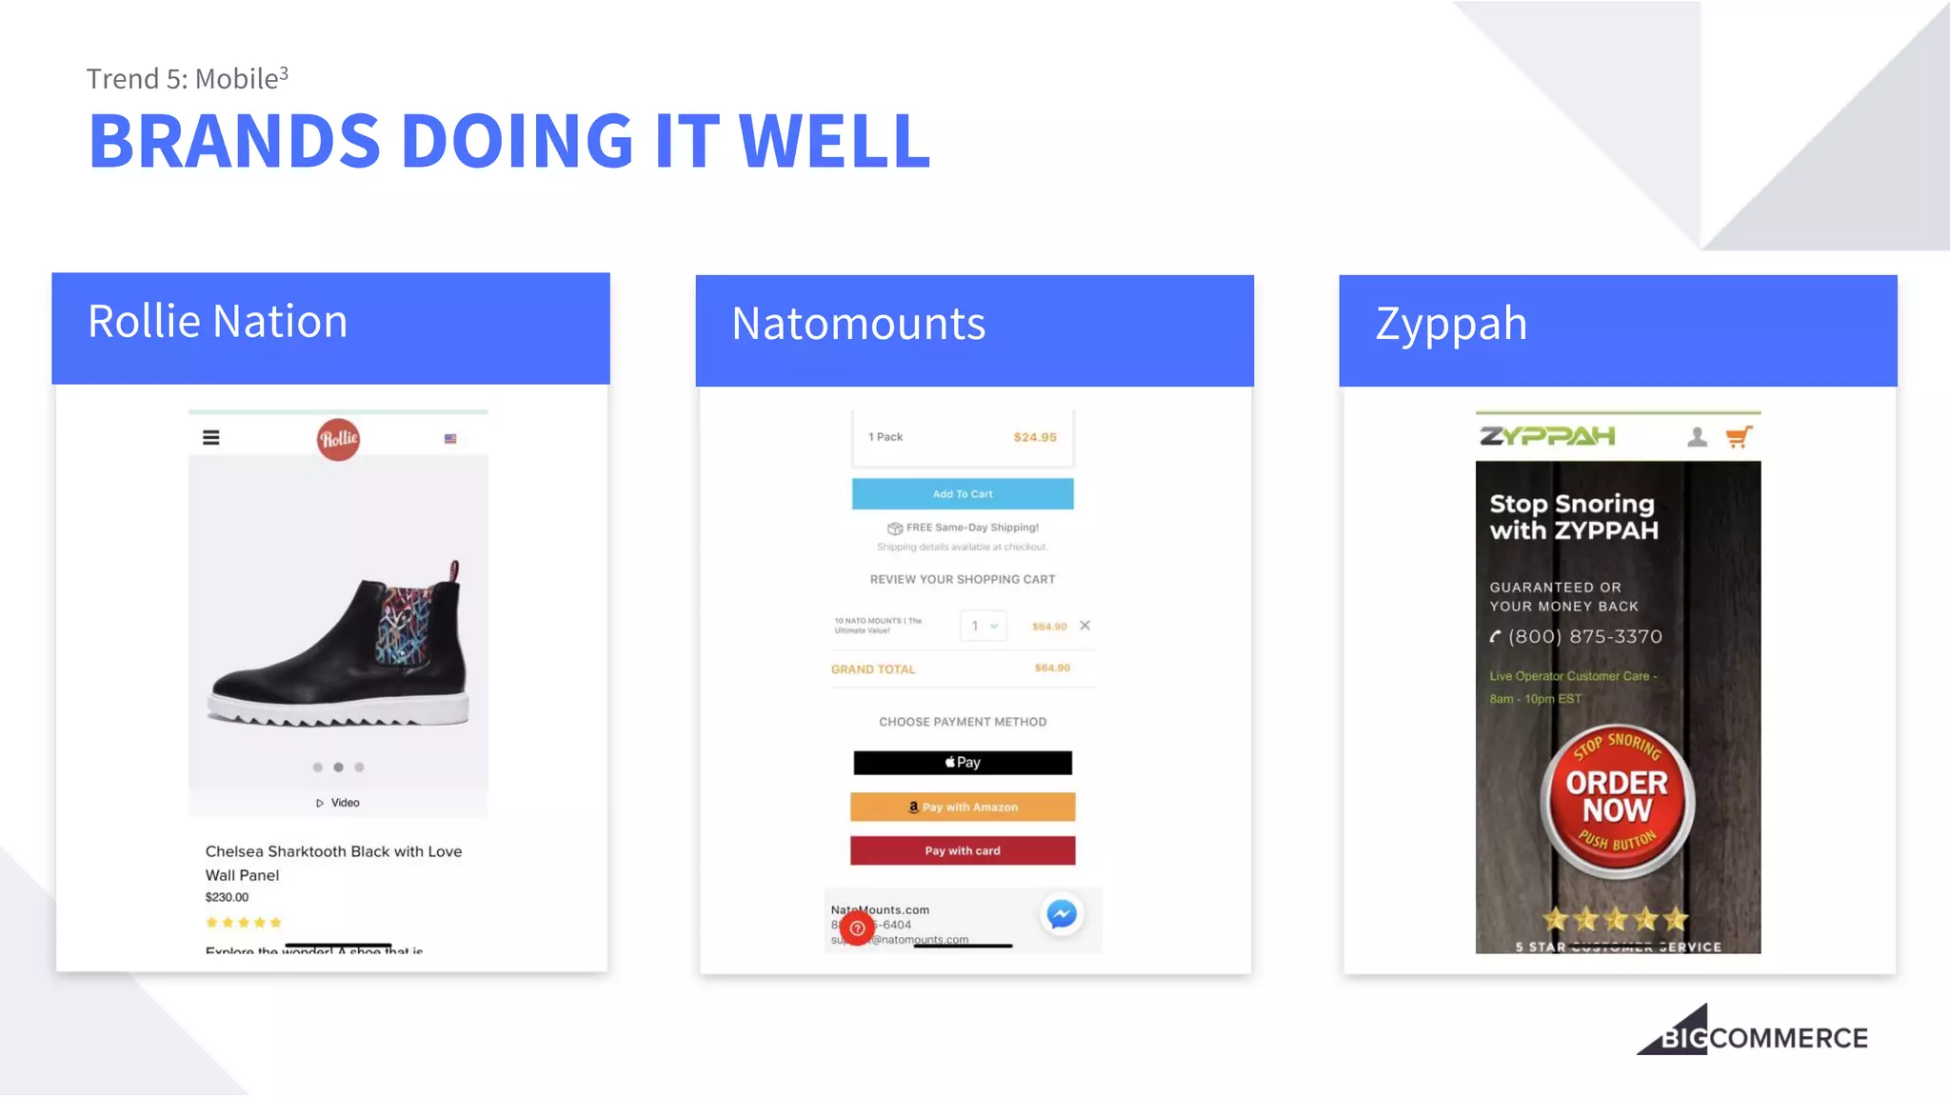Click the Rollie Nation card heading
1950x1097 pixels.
pos(218,322)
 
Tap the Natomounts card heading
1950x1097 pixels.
pos(858,324)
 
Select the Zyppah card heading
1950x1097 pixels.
pos(1450,324)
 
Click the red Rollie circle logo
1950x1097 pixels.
pos(338,439)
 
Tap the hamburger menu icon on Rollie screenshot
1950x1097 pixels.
pos(211,438)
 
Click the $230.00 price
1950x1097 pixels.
pos(227,897)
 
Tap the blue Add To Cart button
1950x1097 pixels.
pos(962,494)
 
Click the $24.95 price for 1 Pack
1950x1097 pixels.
pos(1034,437)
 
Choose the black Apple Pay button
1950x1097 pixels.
pos(962,763)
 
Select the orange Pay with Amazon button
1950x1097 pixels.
pos(962,808)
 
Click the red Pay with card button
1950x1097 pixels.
pos(962,851)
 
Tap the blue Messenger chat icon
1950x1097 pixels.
pos(1062,915)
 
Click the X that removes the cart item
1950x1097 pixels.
pos(1084,626)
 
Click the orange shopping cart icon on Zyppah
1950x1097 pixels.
pos(1738,437)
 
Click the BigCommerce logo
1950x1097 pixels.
pos(1752,1033)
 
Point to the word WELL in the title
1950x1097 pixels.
pos(834,142)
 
